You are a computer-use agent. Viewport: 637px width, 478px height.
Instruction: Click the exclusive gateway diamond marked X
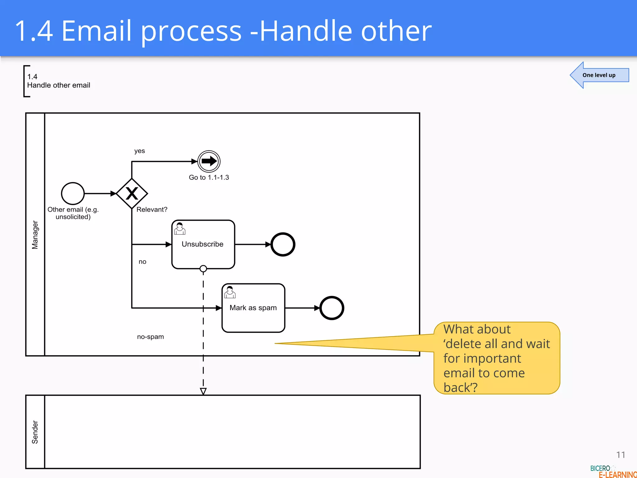pos(132,194)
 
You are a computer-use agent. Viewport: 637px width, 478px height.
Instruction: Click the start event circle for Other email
pos(73,194)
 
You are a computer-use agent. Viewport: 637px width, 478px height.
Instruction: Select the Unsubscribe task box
pos(203,245)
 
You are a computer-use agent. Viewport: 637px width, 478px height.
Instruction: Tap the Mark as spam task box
pos(253,308)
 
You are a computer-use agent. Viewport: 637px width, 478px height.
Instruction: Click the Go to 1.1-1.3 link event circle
pos(209,161)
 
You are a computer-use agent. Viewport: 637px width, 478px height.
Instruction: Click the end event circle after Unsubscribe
pos(283,245)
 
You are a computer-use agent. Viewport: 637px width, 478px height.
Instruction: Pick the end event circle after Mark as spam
pos(332,308)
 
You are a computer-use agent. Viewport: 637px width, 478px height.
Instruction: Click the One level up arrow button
pos(599,75)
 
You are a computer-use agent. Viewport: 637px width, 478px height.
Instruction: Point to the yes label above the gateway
pos(140,151)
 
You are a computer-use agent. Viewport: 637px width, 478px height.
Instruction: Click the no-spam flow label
pos(151,337)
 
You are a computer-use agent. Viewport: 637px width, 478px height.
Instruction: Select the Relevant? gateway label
pos(152,209)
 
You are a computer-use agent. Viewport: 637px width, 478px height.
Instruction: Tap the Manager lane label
pos(35,235)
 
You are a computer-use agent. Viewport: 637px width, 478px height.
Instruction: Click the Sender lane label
pos(35,432)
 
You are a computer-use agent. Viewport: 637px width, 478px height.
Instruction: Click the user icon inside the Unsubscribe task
pos(180,229)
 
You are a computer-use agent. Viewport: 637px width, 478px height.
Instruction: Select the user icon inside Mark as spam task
pos(230,292)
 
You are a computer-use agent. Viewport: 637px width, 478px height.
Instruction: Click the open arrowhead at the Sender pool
pos(203,391)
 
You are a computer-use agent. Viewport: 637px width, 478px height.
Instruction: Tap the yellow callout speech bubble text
pos(496,358)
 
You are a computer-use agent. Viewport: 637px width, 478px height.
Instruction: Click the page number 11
pos(621,455)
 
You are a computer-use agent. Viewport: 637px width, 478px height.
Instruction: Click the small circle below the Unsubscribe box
pos(203,269)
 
